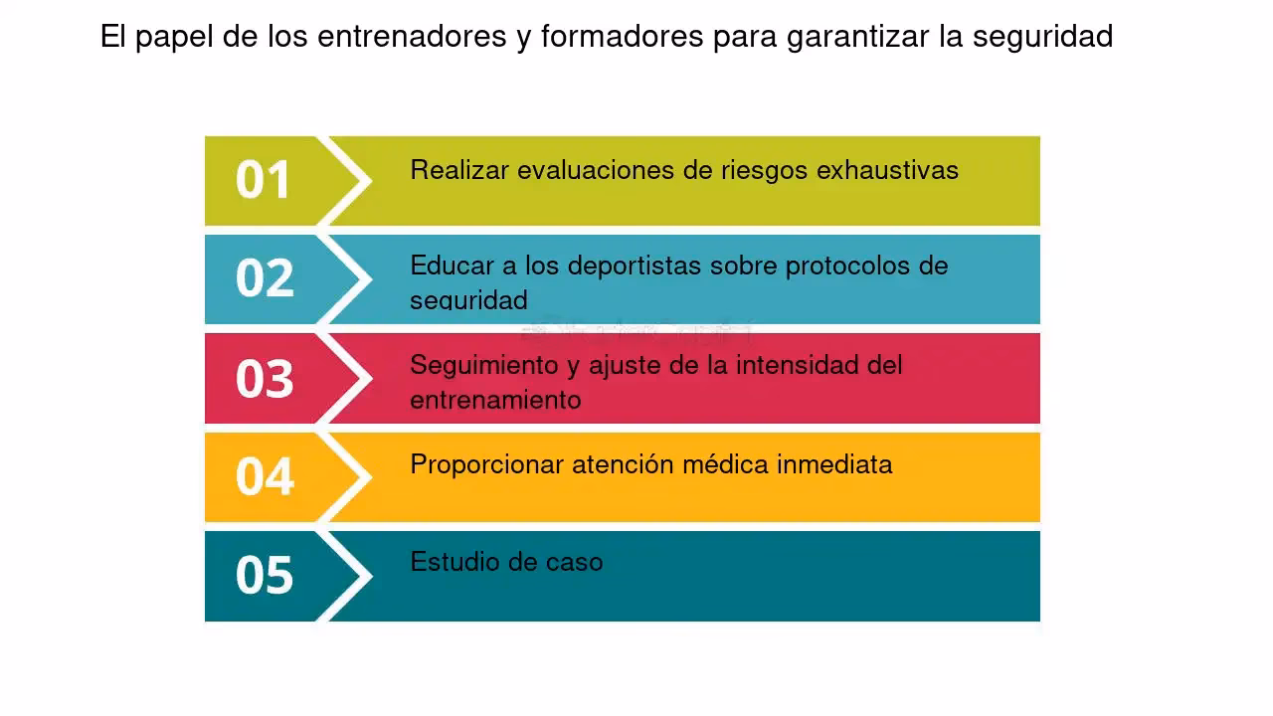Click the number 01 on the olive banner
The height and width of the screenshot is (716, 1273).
[264, 180]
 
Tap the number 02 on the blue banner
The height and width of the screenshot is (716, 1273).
[265, 278]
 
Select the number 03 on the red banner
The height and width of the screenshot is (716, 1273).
[265, 378]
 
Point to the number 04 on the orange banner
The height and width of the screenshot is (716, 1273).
[265, 476]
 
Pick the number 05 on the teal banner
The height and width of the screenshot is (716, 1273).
[265, 575]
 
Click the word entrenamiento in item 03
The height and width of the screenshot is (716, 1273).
[495, 400]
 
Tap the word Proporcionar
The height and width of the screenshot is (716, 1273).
[487, 464]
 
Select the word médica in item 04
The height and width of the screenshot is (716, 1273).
[725, 464]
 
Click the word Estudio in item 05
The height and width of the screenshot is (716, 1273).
[445, 562]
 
